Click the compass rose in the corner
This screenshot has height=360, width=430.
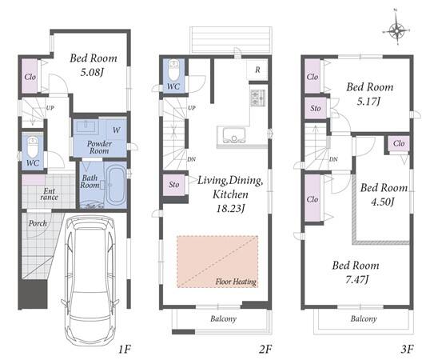click(x=396, y=30)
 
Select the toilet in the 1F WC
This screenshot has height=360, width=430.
click(x=33, y=147)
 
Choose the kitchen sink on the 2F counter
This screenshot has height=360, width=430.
click(x=233, y=134)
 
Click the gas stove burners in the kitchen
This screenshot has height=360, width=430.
click(x=257, y=98)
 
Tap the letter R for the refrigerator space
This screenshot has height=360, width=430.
click(x=257, y=70)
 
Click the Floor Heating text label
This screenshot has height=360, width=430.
click(x=236, y=282)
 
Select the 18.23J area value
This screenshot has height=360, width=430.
click(x=230, y=209)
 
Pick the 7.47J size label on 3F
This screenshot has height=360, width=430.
click(x=356, y=280)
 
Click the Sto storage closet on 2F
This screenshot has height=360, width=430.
click(x=174, y=185)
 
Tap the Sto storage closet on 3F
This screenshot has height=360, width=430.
click(x=316, y=108)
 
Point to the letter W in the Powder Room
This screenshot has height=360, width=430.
click(x=116, y=130)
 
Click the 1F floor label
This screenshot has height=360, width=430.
click(x=124, y=350)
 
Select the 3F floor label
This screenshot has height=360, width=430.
click(x=407, y=350)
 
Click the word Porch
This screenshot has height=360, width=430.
click(x=38, y=223)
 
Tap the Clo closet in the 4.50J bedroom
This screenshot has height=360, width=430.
click(x=399, y=143)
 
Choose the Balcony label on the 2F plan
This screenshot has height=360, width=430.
click(x=224, y=319)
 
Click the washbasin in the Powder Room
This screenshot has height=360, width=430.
click(x=86, y=126)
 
